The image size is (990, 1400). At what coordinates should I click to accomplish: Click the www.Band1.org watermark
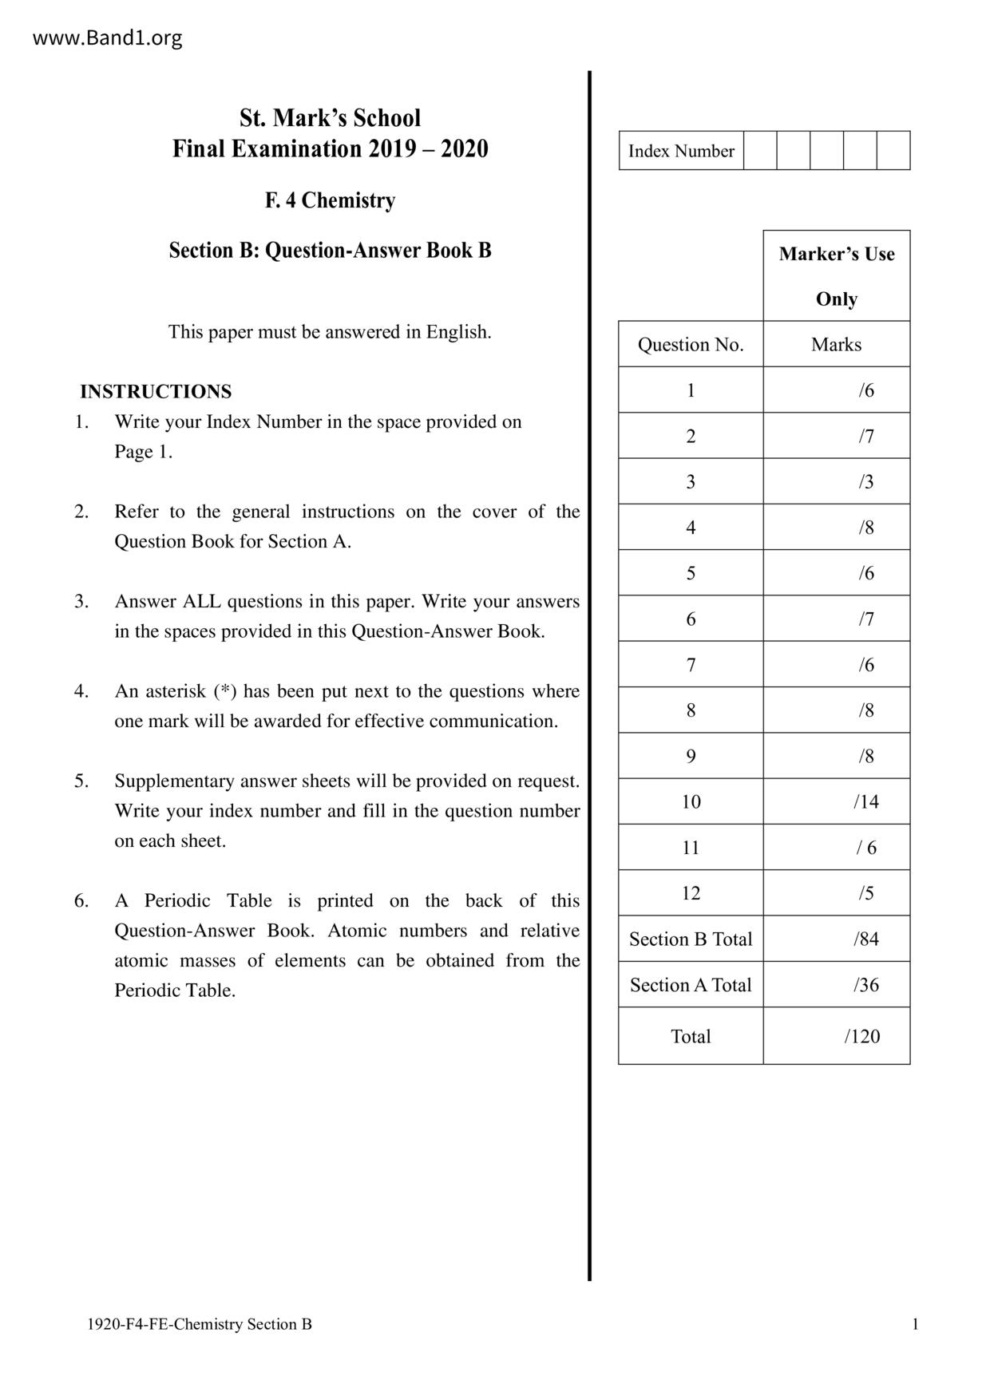tap(107, 38)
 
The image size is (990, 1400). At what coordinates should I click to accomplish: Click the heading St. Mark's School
tap(330, 118)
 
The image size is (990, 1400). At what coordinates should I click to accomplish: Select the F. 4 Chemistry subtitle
tap(330, 200)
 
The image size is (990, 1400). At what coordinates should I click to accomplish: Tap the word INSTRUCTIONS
tap(156, 391)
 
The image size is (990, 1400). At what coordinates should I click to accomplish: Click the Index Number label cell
tap(681, 151)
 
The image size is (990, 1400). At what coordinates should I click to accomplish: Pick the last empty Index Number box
tap(893, 151)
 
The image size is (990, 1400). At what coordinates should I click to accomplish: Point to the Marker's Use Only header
tap(836, 275)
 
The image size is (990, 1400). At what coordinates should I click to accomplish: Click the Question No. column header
tap(691, 345)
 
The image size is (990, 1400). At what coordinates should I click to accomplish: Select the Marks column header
tap(836, 345)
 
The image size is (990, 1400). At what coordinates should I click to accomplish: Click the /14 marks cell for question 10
tap(865, 801)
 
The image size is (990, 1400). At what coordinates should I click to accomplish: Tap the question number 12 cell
tap(691, 892)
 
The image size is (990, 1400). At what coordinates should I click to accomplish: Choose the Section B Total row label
tap(691, 939)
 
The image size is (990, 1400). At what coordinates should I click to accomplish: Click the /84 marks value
tap(865, 939)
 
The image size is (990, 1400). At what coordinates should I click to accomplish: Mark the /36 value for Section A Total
tap(865, 985)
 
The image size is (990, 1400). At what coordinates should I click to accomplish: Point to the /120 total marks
tap(862, 1036)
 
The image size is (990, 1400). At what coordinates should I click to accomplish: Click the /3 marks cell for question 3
tap(866, 481)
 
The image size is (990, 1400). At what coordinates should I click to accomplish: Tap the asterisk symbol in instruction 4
tap(221, 690)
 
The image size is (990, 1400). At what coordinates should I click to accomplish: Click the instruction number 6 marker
tap(81, 900)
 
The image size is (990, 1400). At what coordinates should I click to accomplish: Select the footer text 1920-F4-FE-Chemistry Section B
tap(200, 1324)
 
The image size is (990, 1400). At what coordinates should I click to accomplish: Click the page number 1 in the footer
tap(915, 1324)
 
